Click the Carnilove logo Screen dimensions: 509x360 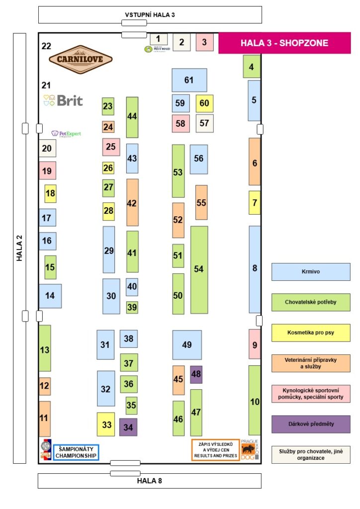point(81,59)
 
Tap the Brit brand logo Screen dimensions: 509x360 point(64,100)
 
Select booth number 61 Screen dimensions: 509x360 point(189,80)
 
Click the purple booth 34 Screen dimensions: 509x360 point(128,427)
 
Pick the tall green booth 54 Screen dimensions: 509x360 point(199,269)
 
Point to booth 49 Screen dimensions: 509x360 point(187,345)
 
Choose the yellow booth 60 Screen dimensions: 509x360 point(204,103)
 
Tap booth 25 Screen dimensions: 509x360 point(111,147)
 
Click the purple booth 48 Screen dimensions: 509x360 point(196,374)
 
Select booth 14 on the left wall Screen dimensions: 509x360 point(50,296)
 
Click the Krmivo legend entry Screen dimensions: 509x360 point(311,272)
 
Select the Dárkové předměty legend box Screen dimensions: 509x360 point(311,424)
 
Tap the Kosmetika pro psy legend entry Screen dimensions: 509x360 point(311,333)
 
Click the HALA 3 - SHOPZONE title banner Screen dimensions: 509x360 point(284,43)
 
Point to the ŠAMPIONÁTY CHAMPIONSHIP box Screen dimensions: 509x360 point(76,452)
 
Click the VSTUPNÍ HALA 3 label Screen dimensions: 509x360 point(150,14)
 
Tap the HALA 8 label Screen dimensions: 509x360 point(150,481)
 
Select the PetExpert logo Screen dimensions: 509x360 point(66,134)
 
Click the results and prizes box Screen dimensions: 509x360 point(215,450)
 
